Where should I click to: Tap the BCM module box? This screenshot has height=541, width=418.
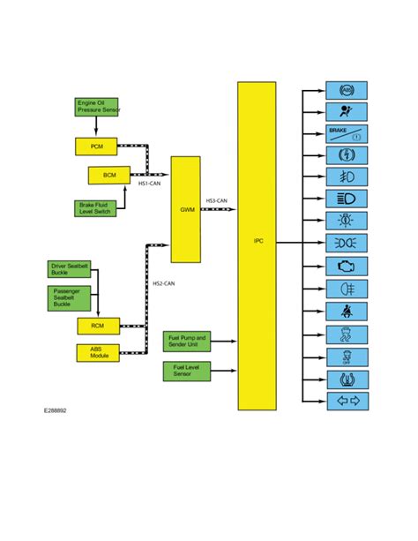(x=108, y=175)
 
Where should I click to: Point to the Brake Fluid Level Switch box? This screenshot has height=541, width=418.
(x=95, y=209)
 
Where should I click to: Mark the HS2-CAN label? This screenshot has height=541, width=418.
(x=163, y=283)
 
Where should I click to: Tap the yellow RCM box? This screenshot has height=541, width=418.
(x=96, y=327)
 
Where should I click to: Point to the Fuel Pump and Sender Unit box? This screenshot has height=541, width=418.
(x=186, y=341)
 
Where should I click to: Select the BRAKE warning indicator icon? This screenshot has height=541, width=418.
(x=347, y=134)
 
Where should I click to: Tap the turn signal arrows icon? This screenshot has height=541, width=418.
(x=347, y=402)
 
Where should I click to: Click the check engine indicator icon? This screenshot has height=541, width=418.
(x=347, y=266)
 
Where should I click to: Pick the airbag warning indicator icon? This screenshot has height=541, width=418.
(x=347, y=112)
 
